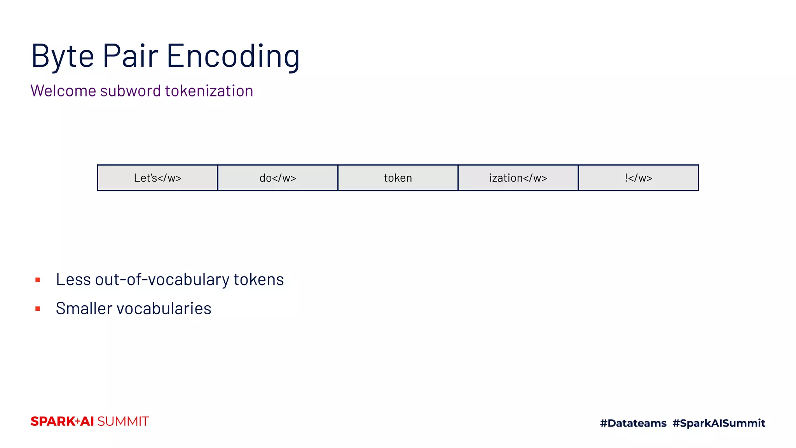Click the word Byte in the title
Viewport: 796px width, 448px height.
63,56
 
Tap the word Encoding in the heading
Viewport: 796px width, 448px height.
233,56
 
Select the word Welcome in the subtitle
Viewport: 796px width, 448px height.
63,91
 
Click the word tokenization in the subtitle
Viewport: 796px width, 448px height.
209,91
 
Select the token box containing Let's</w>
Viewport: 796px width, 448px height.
157,178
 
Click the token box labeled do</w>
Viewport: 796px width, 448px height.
278,178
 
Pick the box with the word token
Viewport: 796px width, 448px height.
398,178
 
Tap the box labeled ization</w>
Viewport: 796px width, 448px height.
518,178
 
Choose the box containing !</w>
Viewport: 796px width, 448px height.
638,178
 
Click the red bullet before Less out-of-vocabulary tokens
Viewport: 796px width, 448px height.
38,280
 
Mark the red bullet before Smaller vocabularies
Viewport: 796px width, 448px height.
38,309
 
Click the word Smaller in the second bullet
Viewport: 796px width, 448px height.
84,308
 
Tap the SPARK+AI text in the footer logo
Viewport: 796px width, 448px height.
62,422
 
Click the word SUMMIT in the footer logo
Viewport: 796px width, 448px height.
123,422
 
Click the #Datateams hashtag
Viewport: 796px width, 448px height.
633,423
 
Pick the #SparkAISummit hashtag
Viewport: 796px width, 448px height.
719,423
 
